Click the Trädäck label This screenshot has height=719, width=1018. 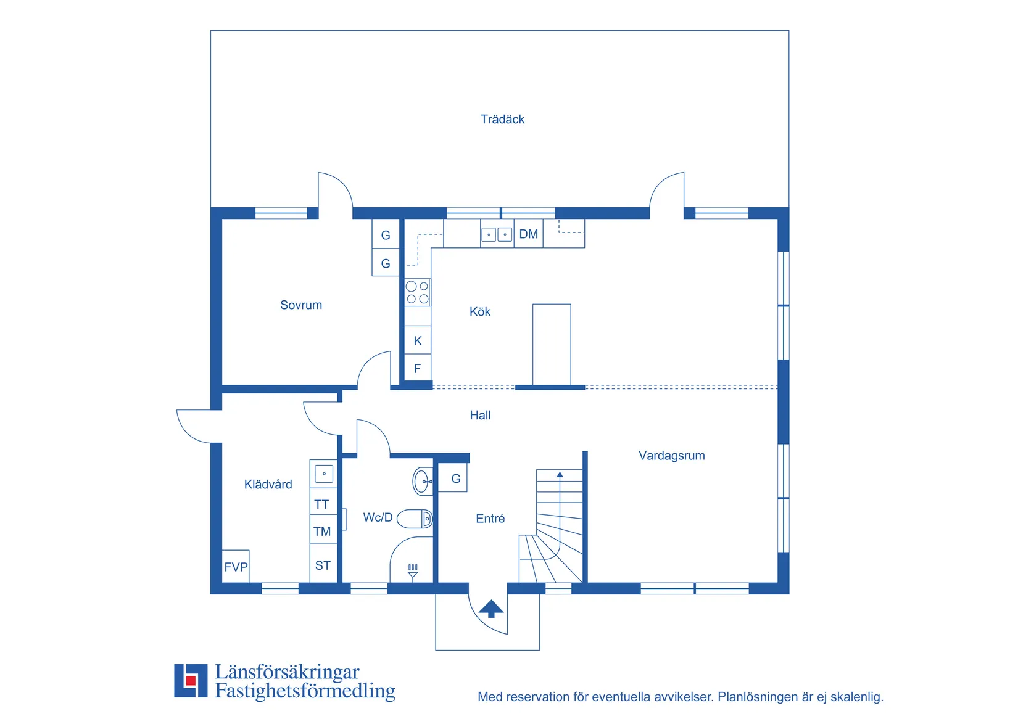tap(502, 119)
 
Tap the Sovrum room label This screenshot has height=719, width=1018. tap(301, 305)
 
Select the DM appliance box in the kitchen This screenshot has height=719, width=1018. tap(529, 234)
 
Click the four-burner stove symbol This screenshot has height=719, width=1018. tap(418, 292)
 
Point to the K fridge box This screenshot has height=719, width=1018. tap(418, 340)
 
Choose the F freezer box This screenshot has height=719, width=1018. tap(418, 368)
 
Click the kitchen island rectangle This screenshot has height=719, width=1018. tap(552, 344)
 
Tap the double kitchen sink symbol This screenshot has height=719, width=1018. tap(497, 234)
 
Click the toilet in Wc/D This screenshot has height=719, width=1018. tap(415, 519)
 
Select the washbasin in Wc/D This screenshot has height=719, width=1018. tap(422, 481)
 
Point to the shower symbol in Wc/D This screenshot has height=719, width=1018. tap(413, 572)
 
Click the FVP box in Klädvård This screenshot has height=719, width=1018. tap(236, 566)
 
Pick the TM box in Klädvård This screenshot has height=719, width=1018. tap(323, 531)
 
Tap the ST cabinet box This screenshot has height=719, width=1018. tap(323, 565)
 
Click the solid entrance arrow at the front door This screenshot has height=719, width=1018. tap(491, 609)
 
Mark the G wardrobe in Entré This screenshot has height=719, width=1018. tap(455, 479)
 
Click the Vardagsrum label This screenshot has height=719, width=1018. tap(671, 455)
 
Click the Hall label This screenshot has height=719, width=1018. tap(480, 415)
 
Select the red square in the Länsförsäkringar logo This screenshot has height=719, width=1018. tap(191, 681)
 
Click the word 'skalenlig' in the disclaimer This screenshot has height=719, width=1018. tap(856, 697)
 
